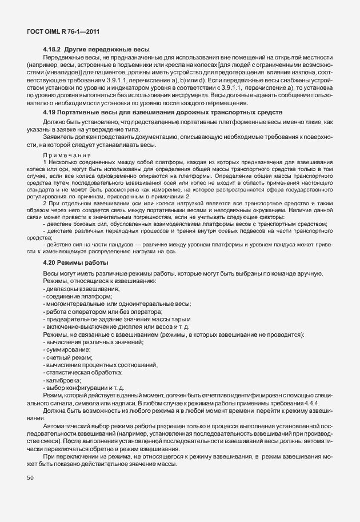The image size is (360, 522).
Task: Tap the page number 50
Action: pyautogui.click(x=30, y=477)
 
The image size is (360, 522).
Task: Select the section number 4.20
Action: pyautogui.click(x=50, y=262)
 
